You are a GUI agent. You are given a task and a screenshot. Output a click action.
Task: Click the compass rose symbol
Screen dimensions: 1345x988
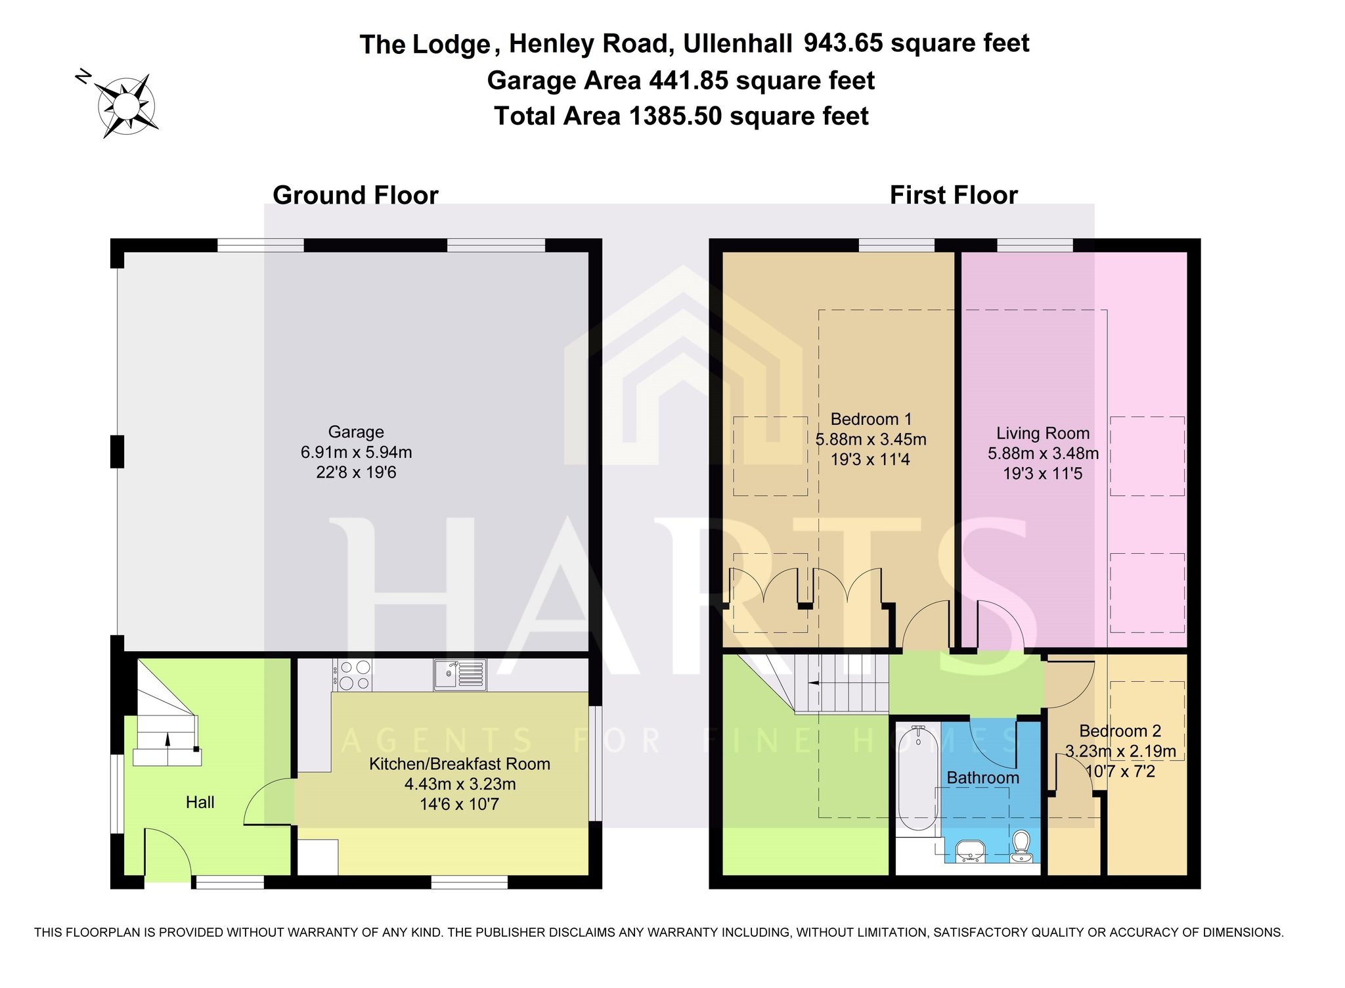coord(125,105)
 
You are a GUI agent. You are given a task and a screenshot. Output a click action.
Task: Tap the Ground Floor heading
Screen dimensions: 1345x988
coord(355,195)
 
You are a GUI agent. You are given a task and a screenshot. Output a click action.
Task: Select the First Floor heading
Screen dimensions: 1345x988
coord(954,195)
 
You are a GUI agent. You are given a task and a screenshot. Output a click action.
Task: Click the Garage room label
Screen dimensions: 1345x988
coord(356,432)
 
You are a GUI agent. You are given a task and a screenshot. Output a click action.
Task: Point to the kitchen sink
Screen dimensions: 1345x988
coord(460,675)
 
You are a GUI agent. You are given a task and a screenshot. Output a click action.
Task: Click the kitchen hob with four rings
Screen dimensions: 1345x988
coord(353,675)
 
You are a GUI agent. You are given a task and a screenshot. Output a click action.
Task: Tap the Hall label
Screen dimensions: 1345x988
coord(200,802)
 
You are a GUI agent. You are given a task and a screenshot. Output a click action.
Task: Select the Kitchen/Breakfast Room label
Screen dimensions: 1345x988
coord(460,764)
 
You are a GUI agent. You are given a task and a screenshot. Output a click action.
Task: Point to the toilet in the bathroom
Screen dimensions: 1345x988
coord(1021,847)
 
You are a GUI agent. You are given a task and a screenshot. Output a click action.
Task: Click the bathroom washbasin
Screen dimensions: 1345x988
coord(970,851)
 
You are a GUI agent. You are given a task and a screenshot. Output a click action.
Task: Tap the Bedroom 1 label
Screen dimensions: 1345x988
coord(871,419)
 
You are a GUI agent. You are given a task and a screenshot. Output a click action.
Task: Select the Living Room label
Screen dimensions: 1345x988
coord(1043,434)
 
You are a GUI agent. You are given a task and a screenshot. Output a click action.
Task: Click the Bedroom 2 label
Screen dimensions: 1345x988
coord(1120,730)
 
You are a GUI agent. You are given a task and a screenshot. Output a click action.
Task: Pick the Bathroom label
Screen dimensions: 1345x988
coord(983,778)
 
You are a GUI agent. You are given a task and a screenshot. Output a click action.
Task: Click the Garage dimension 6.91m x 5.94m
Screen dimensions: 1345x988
coord(356,452)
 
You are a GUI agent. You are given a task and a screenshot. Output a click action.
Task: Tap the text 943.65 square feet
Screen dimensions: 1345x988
coord(917,43)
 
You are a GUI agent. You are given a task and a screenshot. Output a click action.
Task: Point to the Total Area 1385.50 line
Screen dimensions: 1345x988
coord(681,116)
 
